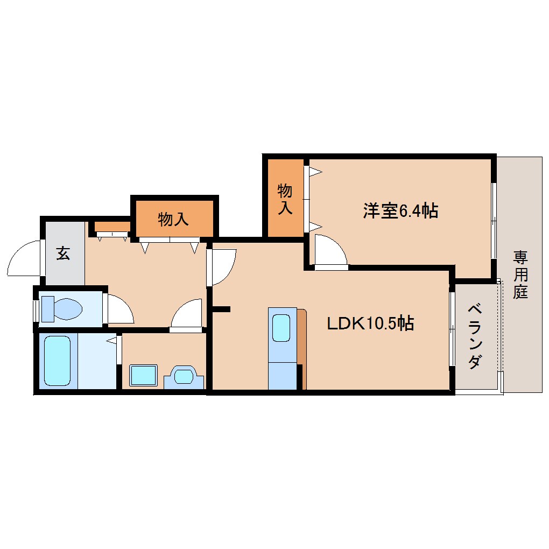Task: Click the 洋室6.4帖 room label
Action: click(x=400, y=211)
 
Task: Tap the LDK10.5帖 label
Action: click(x=370, y=323)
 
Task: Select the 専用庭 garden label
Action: click(x=520, y=274)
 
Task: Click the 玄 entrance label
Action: click(x=64, y=253)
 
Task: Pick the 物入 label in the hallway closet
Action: click(x=173, y=219)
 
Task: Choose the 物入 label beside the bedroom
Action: click(x=285, y=199)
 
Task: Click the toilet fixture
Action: click(x=61, y=309)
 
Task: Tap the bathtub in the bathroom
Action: click(x=58, y=361)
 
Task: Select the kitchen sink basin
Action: click(x=281, y=328)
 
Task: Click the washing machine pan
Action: click(x=143, y=375)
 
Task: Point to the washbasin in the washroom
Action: click(x=184, y=377)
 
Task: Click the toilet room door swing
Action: click(x=120, y=309)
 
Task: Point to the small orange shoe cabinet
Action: click(x=112, y=227)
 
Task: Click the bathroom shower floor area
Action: click(x=97, y=361)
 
